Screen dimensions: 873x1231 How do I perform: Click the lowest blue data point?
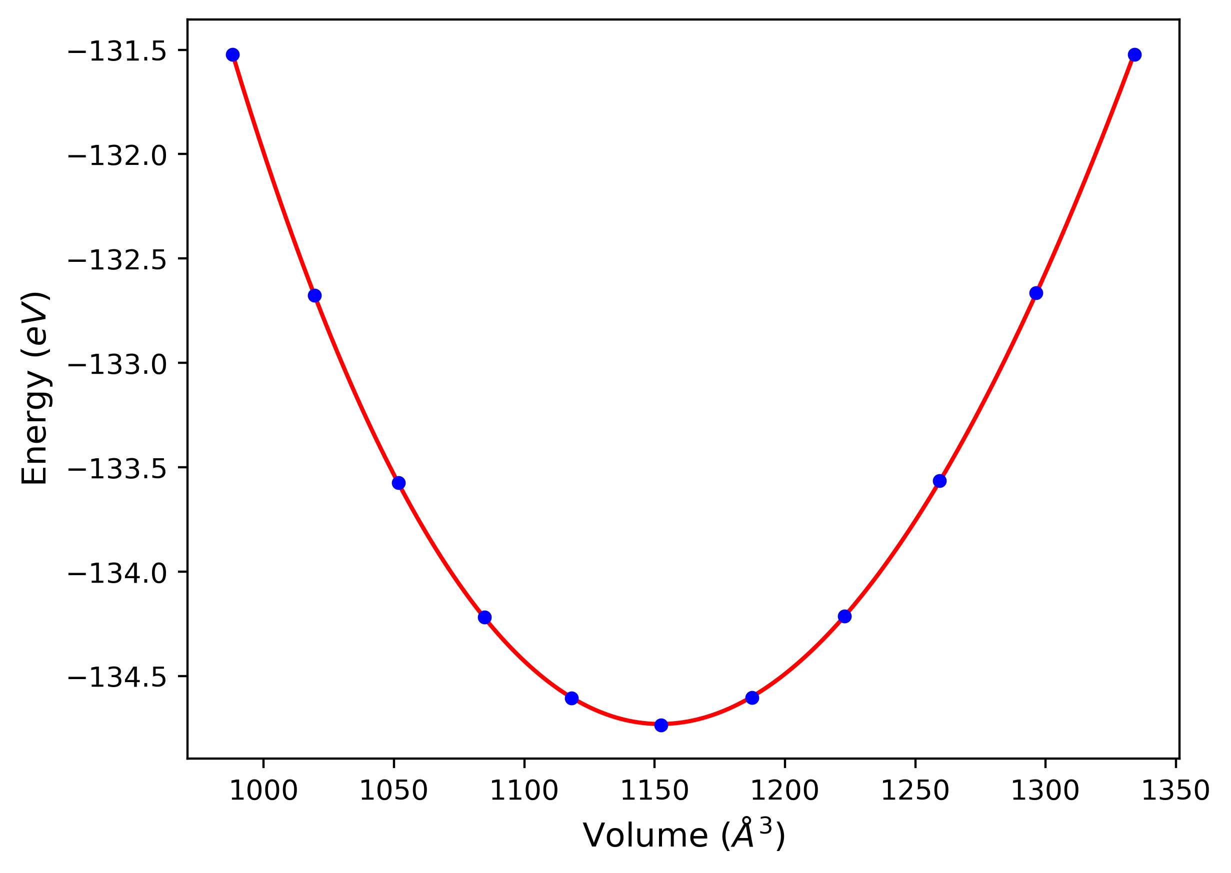point(661,725)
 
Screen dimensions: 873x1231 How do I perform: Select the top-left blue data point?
point(232,55)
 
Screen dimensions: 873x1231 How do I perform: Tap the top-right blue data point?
point(1134,55)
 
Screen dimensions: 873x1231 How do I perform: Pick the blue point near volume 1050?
point(398,483)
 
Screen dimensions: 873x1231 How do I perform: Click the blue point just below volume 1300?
point(1036,293)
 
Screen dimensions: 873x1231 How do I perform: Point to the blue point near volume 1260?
point(939,481)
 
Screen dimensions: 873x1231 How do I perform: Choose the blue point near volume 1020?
point(314,296)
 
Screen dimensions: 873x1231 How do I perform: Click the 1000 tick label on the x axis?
point(263,791)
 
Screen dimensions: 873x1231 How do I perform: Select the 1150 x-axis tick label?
point(654,791)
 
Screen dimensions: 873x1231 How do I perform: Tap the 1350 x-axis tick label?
point(1175,791)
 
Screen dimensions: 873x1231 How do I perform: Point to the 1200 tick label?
point(784,791)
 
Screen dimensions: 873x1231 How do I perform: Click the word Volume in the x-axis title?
point(645,837)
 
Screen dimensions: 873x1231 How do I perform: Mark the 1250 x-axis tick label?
point(915,791)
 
